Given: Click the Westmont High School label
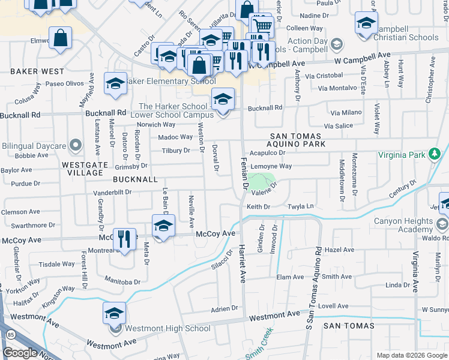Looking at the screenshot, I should point(167,328).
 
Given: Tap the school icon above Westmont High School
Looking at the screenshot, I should point(114,313).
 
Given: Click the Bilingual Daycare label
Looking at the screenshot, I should point(34,146).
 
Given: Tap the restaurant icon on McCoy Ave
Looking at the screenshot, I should point(125,239).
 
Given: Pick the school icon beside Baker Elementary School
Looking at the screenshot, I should point(115,83).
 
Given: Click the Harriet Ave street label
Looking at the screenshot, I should point(243,265).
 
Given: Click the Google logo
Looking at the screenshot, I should point(20,353).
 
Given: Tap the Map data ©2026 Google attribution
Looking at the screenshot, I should point(411,355).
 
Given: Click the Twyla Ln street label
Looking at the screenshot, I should point(301,206).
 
